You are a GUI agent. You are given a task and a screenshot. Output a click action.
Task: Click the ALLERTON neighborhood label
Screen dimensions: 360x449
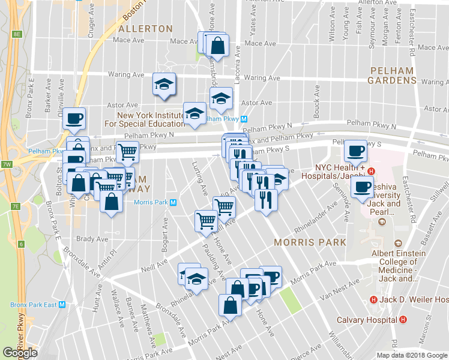coord(146,29)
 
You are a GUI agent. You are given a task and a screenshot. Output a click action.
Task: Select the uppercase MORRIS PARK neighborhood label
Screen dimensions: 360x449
coord(310,242)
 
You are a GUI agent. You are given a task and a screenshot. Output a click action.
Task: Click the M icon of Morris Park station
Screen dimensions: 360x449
coord(173,202)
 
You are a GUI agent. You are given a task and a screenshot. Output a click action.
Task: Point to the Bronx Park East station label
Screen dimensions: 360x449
coord(37,305)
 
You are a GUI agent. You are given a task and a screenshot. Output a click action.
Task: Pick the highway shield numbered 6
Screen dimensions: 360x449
coord(20,244)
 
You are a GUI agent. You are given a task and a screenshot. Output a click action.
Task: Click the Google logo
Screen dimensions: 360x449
coord(20,353)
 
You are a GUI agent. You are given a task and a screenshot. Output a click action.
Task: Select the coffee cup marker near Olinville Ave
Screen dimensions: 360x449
coord(74,118)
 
